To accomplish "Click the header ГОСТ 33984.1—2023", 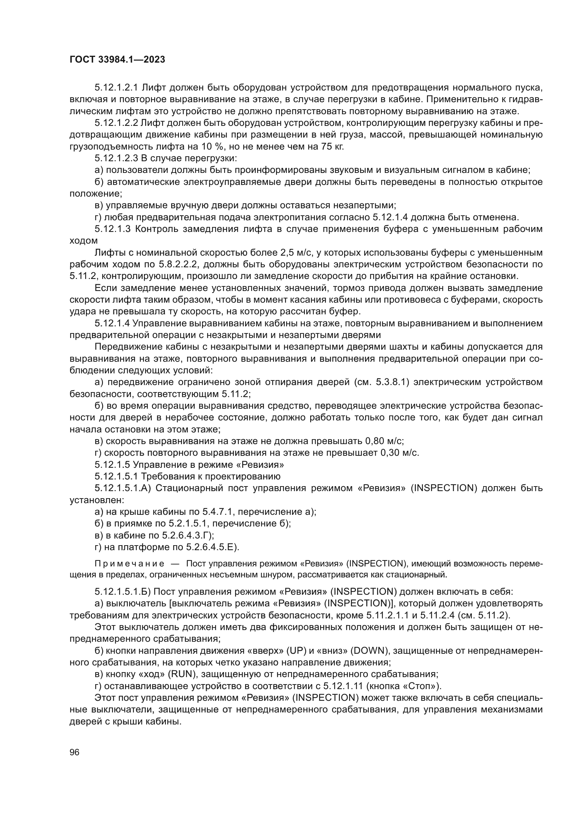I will pyautogui.click(x=117, y=59).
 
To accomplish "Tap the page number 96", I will pyautogui.click(x=74, y=752).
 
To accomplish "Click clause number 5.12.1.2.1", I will pyautogui.click(x=116, y=88).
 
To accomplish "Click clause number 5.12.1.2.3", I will pyautogui.click(x=116, y=158).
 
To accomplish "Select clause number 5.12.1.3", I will pyautogui.click(x=112, y=229).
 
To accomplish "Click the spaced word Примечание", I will pyautogui.click(x=129, y=563).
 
